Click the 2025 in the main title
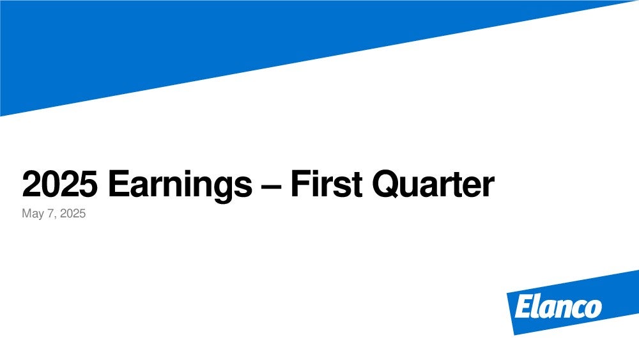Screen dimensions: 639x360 point(59,184)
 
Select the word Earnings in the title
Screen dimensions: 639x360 point(180,186)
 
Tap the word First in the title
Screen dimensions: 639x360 point(326,184)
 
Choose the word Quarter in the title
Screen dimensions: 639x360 point(433,185)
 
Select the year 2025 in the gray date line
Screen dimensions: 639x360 point(73,213)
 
